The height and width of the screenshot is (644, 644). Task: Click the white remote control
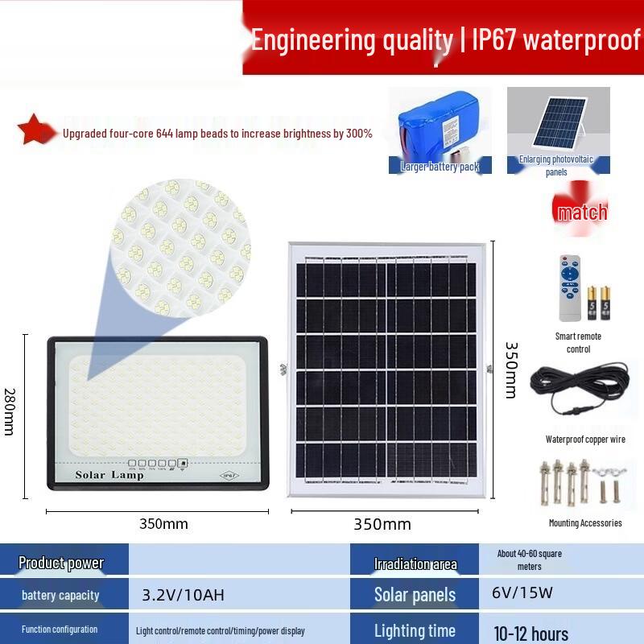tap(570, 288)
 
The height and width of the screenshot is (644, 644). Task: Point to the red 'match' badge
tap(582, 213)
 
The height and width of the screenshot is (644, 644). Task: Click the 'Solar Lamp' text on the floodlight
tap(109, 475)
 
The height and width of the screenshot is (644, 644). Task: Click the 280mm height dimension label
tap(10, 412)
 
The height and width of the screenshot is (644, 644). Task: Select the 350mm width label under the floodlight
tap(163, 524)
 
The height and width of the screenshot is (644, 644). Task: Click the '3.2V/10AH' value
tap(183, 596)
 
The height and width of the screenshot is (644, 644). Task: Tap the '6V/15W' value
tap(522, 593)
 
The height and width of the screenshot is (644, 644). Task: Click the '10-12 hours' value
tap(531, 633)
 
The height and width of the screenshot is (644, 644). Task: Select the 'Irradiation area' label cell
tap(415, 563)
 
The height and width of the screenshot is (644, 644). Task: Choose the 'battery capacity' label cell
tap(61, 596)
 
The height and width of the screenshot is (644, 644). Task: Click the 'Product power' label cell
tap(61, 563)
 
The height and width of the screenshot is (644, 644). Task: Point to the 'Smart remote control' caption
tap(578, 342)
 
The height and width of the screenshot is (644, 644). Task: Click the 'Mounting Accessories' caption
tap(585, 523)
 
